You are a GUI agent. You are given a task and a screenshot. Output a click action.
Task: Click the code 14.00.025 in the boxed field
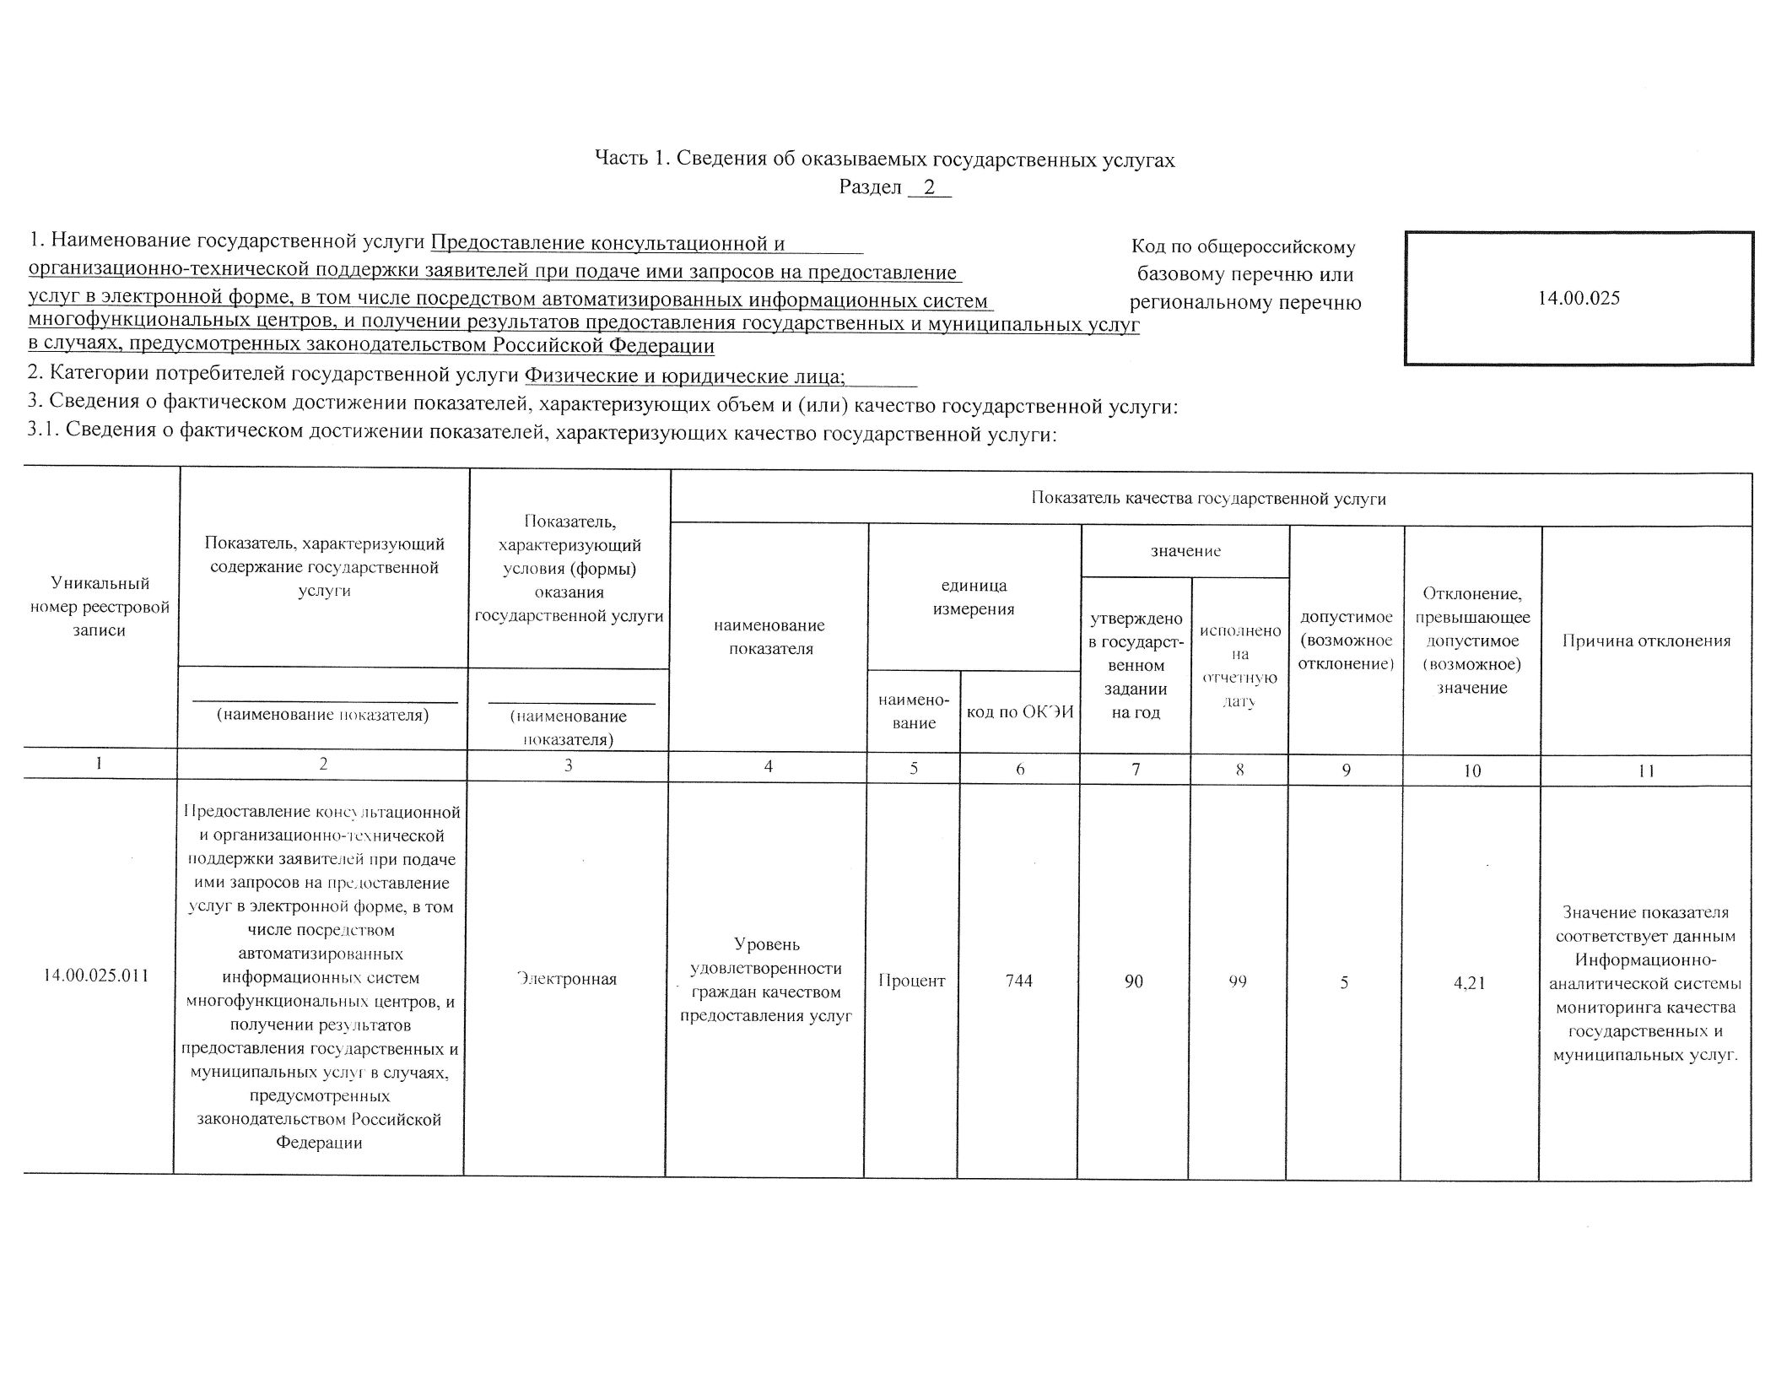(x=1579, y=298)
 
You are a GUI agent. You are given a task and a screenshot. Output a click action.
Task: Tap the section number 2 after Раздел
(x=929, y=187)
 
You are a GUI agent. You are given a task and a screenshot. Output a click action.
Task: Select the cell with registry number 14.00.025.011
(x=96, y=976)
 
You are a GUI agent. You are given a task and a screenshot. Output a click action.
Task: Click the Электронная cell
(x=567, y=979)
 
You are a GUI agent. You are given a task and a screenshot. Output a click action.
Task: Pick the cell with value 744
(x=1019, y=981)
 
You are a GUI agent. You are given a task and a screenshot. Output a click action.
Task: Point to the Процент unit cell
(x=911, y=981)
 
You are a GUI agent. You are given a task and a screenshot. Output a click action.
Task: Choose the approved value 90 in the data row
(x=1134, y=981)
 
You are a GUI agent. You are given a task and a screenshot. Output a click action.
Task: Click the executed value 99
(x=1238, y=981)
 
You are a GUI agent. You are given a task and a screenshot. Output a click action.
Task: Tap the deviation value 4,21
(x=1470, y=982)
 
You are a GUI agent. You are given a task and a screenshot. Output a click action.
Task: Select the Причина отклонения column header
(x=1646, y=641)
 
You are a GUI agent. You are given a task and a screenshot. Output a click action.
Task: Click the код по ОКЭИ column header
(x=1020, y=711)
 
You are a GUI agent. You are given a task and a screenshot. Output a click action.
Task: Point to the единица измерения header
(x=974, y=597)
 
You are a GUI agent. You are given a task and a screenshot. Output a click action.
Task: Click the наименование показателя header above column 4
(x=769, y=637)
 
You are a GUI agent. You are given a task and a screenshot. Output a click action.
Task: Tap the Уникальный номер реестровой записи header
(x=100, y=607)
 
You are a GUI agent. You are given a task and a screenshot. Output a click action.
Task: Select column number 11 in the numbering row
(x=1645, y=770)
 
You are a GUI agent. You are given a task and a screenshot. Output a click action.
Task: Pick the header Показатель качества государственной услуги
(x=1209, y=499)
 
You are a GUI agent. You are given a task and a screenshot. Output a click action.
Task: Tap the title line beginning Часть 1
(x=884, y=159)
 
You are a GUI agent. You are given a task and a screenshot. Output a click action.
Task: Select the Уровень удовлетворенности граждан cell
(x=766, y=979)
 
